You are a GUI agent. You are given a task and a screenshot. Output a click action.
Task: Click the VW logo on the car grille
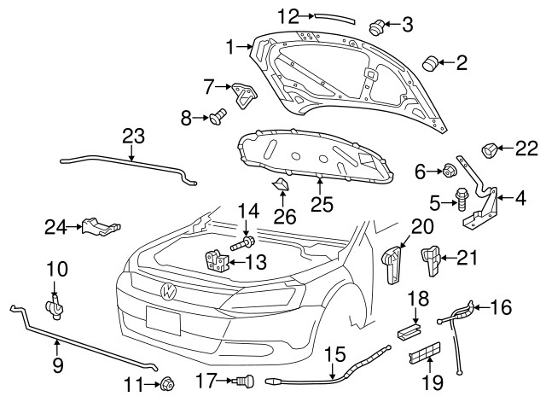[x=168, y=291]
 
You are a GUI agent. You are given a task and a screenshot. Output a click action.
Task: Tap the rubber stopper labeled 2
[x=375, y=26]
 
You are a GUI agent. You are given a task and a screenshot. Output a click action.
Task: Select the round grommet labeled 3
[x=375, y=26]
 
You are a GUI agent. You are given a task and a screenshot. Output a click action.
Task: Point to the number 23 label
[x=133, y=136]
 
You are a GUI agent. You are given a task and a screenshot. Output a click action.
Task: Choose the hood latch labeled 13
[x=217, y=260]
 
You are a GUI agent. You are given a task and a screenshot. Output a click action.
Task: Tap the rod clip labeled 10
[x=54, y=305]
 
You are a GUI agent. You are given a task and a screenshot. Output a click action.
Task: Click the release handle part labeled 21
[x=432, y=257]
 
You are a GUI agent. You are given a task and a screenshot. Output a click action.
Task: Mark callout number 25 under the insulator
[x=321, y=205]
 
